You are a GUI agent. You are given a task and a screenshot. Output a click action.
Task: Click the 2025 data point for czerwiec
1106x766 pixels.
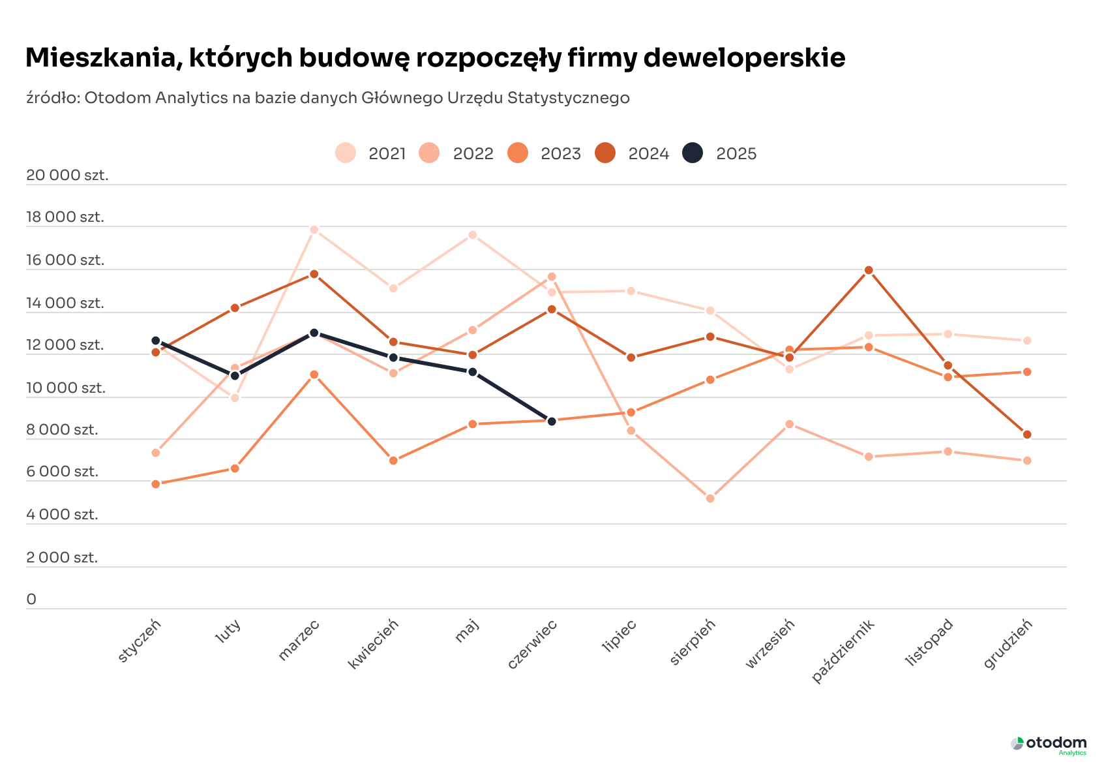[x=552, y=421]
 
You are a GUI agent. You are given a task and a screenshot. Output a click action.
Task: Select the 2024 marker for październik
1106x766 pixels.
[x=869, y=270]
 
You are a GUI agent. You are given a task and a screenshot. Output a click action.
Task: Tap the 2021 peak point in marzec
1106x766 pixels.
[x=314, y=230]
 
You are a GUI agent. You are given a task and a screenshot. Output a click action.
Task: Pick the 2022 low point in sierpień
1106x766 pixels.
[x=710, y=498]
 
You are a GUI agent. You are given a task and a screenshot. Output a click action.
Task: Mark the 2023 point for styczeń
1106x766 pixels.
[x=156, y=484]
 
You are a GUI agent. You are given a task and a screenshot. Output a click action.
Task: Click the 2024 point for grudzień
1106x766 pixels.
[x=1027, y=435]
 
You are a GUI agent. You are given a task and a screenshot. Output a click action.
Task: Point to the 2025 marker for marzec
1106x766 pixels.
[x=314, y=333]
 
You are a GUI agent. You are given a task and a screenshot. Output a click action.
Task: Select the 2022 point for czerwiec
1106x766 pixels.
[x=552, y=277]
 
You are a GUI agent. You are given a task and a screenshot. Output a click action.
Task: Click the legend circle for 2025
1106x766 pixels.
[x=693, y=153]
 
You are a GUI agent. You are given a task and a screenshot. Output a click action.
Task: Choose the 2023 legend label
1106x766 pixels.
[x=561, y=154]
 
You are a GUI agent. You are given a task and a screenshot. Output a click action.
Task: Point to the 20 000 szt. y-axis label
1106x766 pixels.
[x=67, y=175]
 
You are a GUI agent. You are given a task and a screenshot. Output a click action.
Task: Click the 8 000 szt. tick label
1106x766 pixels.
[x=62, y=429]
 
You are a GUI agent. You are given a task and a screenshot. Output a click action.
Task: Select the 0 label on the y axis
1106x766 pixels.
[x=31, y=599]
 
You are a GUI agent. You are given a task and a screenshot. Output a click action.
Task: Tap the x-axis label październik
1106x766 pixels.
[x=843, y=651]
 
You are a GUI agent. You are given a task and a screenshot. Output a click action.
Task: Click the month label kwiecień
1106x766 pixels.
[x=373, y=645]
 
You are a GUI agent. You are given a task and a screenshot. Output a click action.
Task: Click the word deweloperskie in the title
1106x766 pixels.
[x=744, y=57]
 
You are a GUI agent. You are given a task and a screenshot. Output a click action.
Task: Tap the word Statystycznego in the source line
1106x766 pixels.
[x=568, y=98]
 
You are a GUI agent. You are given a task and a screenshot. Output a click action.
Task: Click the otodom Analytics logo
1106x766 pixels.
[x=1049, y=744]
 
